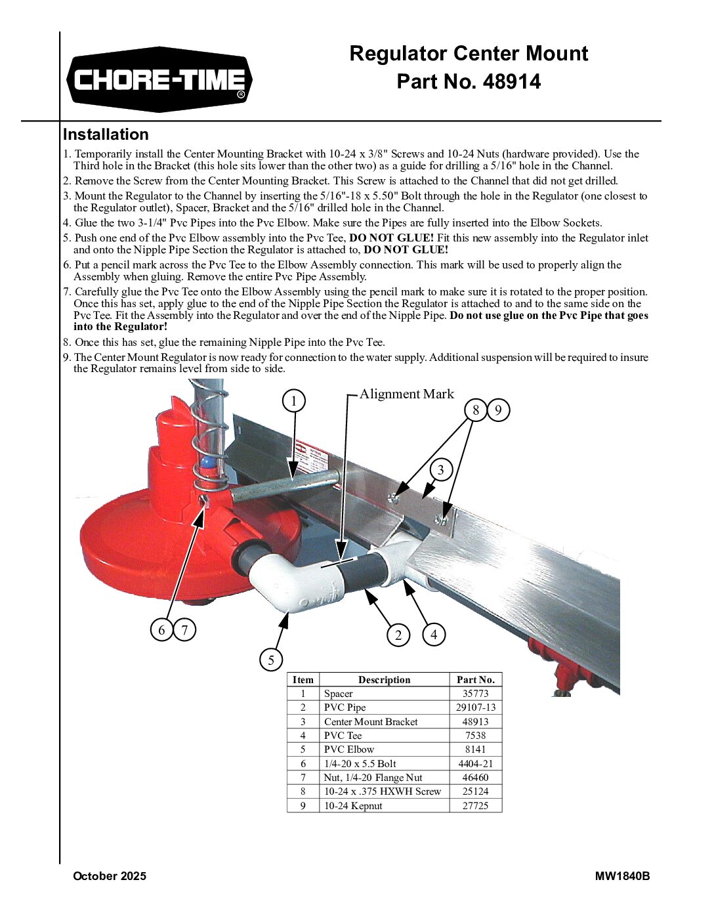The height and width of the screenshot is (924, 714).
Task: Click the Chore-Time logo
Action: pos(159,80)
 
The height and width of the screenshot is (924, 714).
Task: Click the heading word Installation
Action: pos(106,135)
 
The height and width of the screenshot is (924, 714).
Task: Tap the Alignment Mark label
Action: pos(406,394)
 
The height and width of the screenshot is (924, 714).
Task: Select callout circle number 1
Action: pos(294,400)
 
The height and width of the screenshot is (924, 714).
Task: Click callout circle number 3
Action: pos(440,470)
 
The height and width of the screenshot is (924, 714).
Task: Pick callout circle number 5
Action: pos(271,660)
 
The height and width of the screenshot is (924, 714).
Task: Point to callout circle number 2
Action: pos(398,635)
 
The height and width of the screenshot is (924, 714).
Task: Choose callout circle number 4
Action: pos(434,635)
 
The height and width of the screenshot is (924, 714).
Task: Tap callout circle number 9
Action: pos(499,410)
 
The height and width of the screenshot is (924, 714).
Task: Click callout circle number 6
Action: pos(161,630)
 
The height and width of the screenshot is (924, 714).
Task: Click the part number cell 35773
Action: pos(475,694)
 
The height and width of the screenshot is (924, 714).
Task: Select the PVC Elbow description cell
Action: pos(349,749)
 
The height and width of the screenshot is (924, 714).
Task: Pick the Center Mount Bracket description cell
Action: pos(371,722)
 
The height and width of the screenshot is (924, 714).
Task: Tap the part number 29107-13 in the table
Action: pos(475,707)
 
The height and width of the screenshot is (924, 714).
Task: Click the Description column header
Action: pos(384,680)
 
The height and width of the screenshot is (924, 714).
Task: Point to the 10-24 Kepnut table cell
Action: pos(353,806)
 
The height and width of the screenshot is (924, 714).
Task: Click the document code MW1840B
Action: pos(622,876)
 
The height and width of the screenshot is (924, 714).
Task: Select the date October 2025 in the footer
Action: pos(110,876)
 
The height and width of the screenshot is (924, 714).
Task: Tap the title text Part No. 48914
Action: pos(469,81)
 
